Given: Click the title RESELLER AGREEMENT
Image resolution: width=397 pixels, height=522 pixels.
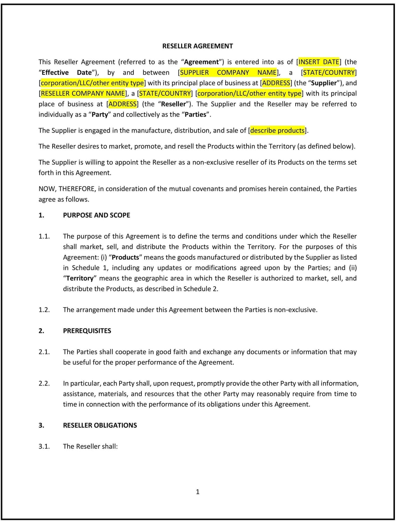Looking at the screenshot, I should point(197,46).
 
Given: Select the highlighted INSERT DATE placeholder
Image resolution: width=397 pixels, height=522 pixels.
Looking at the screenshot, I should point(319,62).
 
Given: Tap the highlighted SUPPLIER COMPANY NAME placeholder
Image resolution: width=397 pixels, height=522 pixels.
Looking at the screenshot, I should point(228,72).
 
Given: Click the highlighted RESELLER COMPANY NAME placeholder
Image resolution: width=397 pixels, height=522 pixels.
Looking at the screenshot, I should point(83,93).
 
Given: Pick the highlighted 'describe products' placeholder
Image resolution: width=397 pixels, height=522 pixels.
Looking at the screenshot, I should point(277,130).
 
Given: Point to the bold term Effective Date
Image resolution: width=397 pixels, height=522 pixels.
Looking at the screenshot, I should point(67,72).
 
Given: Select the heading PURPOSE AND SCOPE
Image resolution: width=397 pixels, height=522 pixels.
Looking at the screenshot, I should point(96,215).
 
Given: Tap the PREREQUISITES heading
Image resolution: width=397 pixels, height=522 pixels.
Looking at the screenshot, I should point(87,331).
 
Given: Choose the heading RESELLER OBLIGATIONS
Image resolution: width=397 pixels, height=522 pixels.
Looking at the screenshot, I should point(100,425).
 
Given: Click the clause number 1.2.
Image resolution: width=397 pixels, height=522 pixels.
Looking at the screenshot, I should point(44,310).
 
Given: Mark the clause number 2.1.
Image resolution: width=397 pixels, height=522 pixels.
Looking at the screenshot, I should point(44,352).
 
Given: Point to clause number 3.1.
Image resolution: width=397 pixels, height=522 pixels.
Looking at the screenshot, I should point(44,446).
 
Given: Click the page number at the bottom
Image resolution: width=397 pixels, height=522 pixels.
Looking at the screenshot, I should point(198,492).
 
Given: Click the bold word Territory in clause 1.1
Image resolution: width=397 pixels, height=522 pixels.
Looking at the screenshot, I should point(80,278).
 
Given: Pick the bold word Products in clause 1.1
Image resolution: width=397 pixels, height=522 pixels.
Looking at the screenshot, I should point(125,257).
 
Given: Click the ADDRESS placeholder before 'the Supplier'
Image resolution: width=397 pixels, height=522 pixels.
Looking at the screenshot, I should point(276,83).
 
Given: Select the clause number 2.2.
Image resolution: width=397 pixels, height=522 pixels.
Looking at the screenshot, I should point(44,383).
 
